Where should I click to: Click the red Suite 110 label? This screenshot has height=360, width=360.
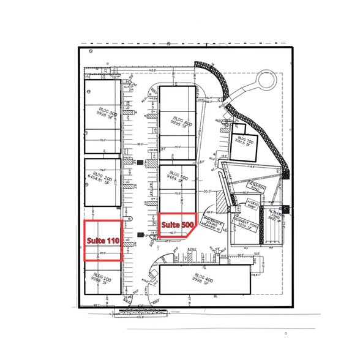click(x=102, y=241)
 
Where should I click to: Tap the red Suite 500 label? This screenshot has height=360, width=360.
click(x=177, y=225)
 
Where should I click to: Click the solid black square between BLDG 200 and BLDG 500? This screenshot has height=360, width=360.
click(x=141, y=163)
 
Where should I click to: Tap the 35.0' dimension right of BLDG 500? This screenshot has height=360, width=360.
click(x=208, y=190)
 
